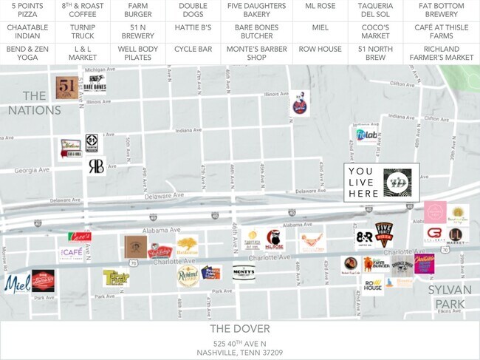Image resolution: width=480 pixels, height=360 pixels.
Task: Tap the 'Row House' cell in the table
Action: (319, 49)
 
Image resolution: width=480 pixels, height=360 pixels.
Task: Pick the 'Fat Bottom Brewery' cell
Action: (441, 10)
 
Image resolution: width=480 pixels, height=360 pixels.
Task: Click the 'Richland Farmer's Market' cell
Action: (441, 53)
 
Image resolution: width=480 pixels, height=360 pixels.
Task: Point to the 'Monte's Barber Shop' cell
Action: (256, 53)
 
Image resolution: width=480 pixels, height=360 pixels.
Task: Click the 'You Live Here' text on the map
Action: (364, 182)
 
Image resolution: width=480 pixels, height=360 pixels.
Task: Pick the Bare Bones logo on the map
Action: (95, 86)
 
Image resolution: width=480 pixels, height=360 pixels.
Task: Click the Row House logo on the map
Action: (373, 284)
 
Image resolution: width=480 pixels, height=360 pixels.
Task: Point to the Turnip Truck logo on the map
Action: (116, 277)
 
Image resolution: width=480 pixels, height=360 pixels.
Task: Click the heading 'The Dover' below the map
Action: (239, 328)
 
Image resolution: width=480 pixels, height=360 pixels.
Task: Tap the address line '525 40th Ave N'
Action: (239, 344)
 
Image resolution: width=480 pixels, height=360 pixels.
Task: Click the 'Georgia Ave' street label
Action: (30, 170)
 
